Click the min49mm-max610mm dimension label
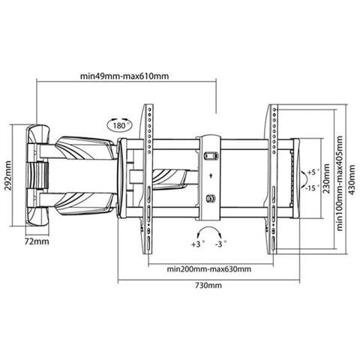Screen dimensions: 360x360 point(124,76)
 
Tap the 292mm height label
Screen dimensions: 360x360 point(8,175)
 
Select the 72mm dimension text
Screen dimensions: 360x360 point(37,241)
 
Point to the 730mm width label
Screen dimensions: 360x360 point(208,285)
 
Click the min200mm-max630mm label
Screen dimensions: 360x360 point(209,269)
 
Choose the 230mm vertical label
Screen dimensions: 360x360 point(326,178)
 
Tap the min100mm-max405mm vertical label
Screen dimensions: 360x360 point(340,183)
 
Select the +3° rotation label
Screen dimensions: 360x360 point(198,244)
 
